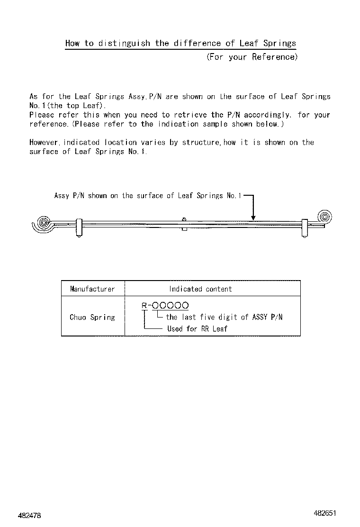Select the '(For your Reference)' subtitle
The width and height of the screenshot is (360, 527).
(x=252, y=57)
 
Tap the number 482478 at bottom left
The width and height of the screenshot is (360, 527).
(x=30, y=515)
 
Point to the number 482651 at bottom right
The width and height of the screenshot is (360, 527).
(x=324, y=513)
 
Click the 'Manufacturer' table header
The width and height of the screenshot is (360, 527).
(x=92, y=289)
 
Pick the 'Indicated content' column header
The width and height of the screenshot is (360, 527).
(x=200, y=289)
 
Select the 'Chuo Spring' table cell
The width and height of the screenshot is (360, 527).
(x=92, y=317)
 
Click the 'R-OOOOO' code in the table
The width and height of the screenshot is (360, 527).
(x=165, y=306)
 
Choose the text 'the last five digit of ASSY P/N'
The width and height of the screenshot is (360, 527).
(x=224, y=317)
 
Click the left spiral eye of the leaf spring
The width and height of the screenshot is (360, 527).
(x=43, y=222)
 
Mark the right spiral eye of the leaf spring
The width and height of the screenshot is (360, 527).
(x=325, y=217)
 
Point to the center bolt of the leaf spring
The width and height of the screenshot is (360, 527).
(x=184, y=223)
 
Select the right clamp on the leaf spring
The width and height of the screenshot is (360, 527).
(x=304, y=227)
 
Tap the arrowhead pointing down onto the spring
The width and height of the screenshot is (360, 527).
(x=253, y=218)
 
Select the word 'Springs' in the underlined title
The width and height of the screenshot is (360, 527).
(x=279, y=43)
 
